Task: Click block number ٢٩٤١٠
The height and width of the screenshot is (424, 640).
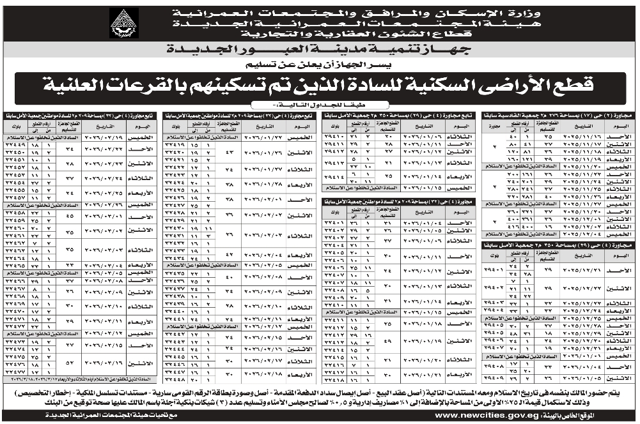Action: [x=336, y=136]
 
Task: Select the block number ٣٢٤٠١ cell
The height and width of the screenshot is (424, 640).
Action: [x=336, y=223]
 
